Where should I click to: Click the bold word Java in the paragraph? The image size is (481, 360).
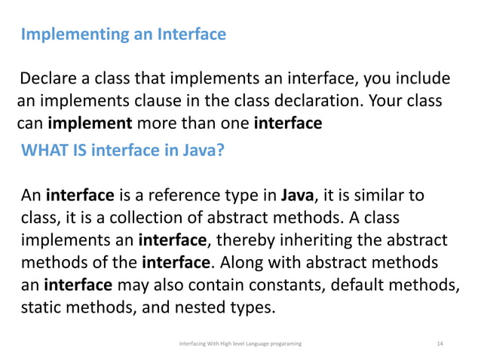(296, 197)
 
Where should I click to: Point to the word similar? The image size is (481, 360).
(381, 197)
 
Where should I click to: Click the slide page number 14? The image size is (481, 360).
(440, 343)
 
